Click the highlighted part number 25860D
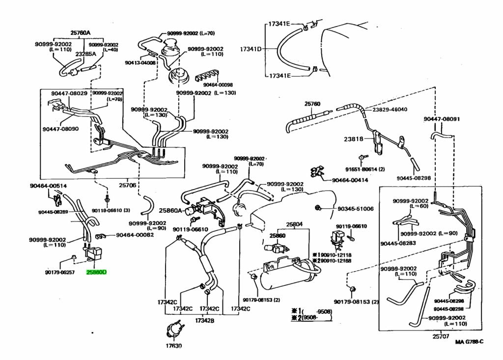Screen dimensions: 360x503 (x=96, y=272)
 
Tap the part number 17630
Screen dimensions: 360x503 (x=173, y=346)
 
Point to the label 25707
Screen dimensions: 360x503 (x=442, y=336)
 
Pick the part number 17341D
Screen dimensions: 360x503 (x=251, y=49)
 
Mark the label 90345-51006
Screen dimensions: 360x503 (x=356, y=209)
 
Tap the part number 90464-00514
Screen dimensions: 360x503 (x=48, y=186)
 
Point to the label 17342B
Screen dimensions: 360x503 (x=206, y=320)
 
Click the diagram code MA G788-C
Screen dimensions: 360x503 (x=469, y=342)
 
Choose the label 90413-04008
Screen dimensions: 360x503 (x=140, y=62)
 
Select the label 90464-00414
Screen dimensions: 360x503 (x=350, y=180)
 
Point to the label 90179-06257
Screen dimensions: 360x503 (x=59, y=272)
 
